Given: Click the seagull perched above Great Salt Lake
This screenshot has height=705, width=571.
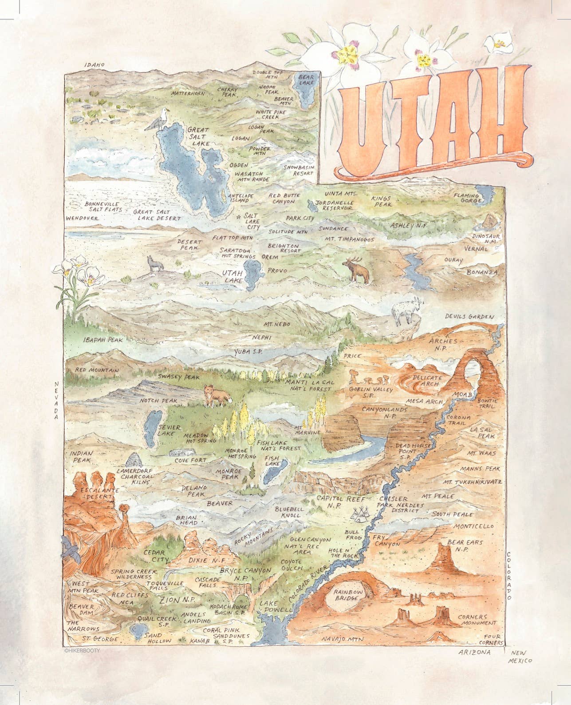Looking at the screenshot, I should tap(155, 120).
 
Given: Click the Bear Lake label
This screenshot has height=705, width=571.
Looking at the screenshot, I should tap(306, 80).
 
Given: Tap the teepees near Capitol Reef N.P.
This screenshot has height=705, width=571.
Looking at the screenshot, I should tap(361, 514).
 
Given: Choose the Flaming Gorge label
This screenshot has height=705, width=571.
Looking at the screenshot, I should tap(466, 198).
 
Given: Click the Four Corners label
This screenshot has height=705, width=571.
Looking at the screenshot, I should tap(494, 639).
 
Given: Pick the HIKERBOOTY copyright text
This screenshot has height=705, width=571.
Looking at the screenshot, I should tap(82, 650).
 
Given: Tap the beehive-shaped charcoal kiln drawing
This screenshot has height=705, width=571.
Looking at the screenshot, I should tap(135, 458).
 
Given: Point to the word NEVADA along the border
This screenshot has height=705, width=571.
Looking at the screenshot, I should tap(57, 400).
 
